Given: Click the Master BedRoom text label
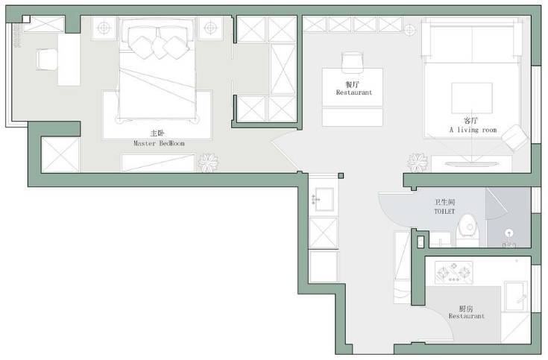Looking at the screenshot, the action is coord(159,143).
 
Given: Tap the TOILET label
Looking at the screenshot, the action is coord(444,212).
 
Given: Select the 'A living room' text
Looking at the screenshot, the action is coord(473,130).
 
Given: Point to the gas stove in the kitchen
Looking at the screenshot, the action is coord(453,272).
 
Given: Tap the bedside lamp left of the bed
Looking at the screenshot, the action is coord(104,28).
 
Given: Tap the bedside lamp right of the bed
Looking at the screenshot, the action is coord(210,28).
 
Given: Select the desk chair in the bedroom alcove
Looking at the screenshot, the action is coord(47,60).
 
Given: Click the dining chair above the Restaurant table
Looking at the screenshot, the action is coord(352,63).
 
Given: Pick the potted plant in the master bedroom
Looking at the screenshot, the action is coord(208,162).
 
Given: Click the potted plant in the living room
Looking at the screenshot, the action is coord(417,162).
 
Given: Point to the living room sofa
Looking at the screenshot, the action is coord(472,40).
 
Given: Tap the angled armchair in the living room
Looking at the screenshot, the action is coord(515,138).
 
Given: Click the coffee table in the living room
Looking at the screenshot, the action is coord(472,98).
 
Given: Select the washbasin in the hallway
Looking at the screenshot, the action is coord(324,200).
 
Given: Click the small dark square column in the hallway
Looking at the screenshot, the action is coord(341,176).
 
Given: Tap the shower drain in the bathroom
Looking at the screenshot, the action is coord(509,232).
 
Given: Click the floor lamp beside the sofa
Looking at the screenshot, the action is coord(410,30).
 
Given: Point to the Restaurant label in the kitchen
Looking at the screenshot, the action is coord(467,316).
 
